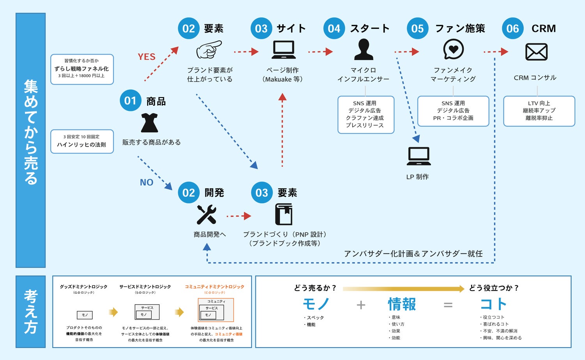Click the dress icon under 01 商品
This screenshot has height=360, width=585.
point(149,123)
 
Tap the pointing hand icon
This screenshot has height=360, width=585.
point(209,50)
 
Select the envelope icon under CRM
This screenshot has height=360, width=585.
point(536,52)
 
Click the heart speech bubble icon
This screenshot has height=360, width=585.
point(453,50)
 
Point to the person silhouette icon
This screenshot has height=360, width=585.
point(363,50)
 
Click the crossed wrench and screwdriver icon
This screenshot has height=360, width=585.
point(206,215)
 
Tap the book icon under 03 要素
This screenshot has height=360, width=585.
point(284,214)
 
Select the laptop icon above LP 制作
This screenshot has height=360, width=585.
point(418,156)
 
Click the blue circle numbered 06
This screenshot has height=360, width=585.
point(512,28)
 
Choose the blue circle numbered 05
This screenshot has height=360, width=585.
point(417,28)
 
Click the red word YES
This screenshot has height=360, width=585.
point(147,57)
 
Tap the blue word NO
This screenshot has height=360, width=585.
point(147,183)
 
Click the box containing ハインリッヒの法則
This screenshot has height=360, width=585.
point(82,141)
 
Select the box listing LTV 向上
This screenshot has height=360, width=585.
point(539,111)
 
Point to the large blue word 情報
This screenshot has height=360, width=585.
point(402,304)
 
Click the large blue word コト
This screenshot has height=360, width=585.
point(493,304)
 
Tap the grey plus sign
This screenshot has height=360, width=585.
point(361,305)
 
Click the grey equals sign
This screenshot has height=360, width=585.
point(448,305)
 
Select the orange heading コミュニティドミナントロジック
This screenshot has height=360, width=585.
point(214,287)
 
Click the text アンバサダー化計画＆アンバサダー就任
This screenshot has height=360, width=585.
point(413,254)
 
